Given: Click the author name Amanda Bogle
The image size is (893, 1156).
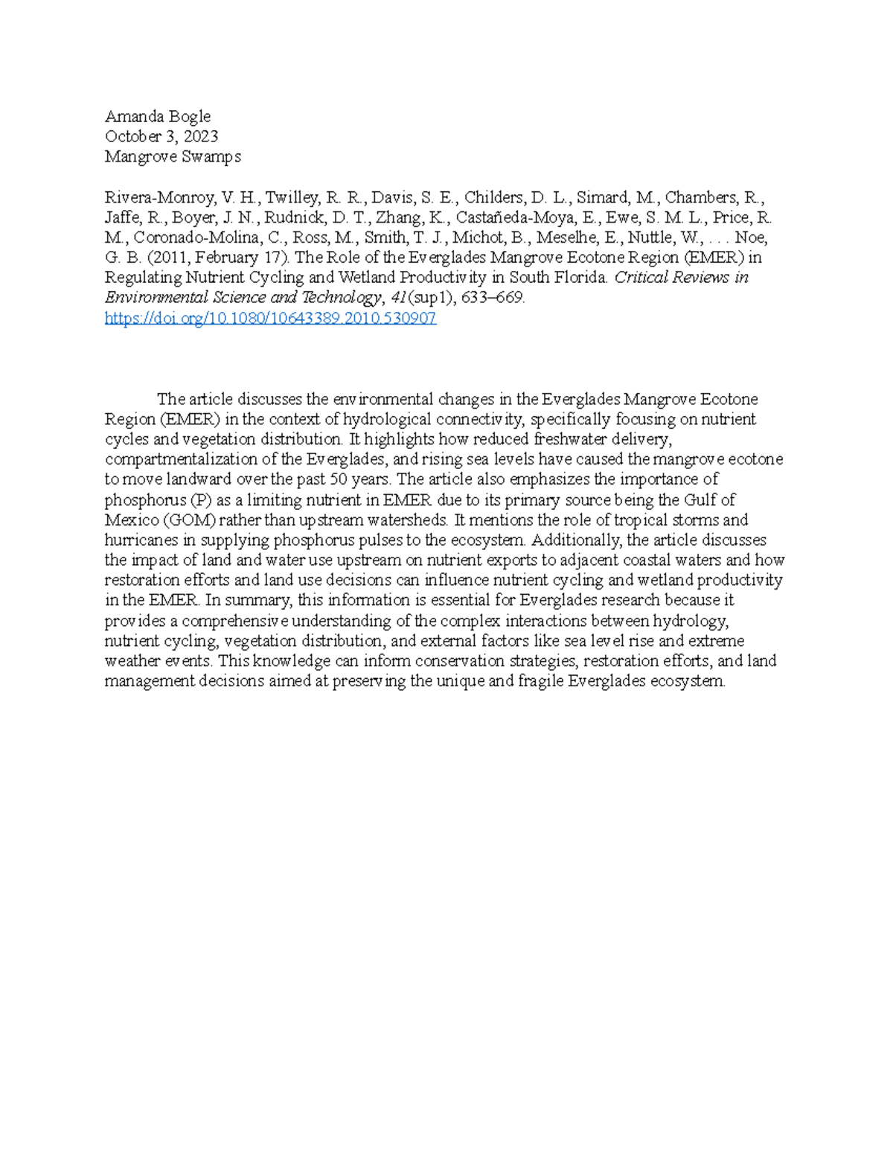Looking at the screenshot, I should pos(157,116).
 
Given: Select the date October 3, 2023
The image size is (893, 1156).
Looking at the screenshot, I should pos(161,136).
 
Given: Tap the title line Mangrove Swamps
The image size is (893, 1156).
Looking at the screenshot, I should pos(173,156).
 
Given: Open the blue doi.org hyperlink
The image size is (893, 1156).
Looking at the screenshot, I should pos(270,319).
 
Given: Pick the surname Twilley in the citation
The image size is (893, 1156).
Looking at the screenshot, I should pos(292,198).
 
